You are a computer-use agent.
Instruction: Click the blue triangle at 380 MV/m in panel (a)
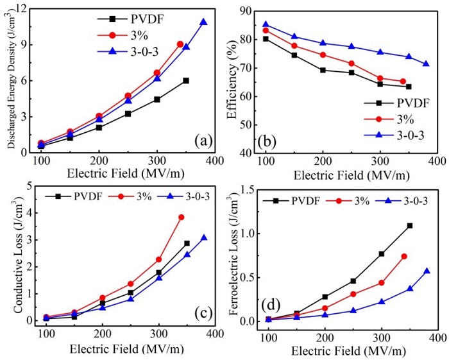tap(203, 22)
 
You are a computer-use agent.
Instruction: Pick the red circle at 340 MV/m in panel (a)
tap(180, 44)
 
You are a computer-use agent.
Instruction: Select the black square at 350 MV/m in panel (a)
tap(186, 80)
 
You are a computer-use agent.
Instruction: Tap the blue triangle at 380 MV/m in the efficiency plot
tap(425, 64)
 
